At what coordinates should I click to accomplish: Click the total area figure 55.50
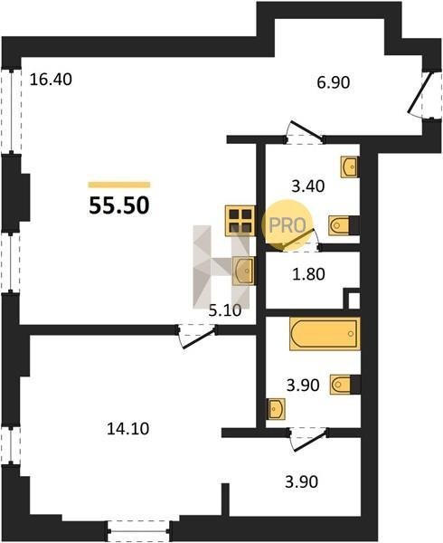point(119,205)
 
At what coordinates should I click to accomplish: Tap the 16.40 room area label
point(51,80)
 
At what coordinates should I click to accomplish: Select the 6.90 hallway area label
point(334,82)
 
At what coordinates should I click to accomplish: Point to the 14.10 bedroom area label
point(128,429)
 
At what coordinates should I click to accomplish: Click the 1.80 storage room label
point(308,274)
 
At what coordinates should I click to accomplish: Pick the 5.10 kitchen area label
point(225,310)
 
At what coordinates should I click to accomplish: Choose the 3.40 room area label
point(308,186)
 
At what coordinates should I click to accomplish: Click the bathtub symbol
point(325,333)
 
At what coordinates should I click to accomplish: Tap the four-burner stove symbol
point(240,221)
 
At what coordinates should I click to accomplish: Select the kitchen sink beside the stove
point(244,271)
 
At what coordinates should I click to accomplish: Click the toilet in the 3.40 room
point(340,225)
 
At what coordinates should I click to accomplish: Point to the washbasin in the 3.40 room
point(349,167)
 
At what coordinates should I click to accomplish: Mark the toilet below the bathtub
point(341,385)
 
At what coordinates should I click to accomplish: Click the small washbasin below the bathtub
point(276,409)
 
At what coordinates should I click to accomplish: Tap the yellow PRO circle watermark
point(287,225)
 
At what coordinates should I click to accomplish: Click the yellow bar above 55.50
point(119,185)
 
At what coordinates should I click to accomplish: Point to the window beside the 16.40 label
point(11,110)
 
